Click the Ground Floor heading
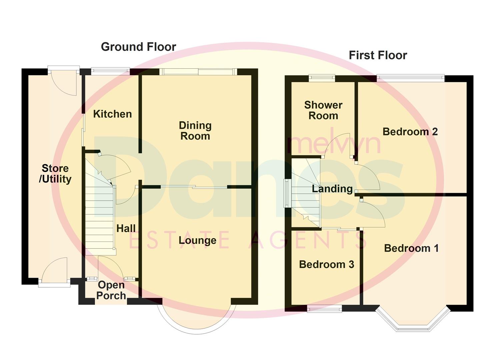[138, 47]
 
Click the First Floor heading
[378, 55]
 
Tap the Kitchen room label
[112, 114]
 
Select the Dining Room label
[195, 131]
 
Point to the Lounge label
[197, 240]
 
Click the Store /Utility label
[55, 174]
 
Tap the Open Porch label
[111, 290]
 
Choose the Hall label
[126, 228]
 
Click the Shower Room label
[323, 110]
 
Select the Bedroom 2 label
[410, 132]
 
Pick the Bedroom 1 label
[411, 248]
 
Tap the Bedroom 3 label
[326, 264]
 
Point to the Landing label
[332, 189]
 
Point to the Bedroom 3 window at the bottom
[324, 309]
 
